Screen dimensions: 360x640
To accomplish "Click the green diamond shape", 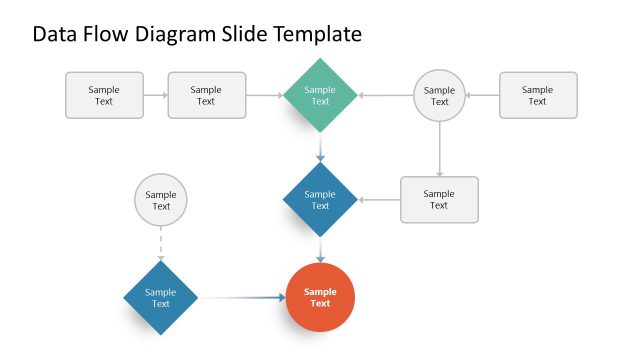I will (x=320, y=95).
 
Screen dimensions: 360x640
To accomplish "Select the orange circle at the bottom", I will (x=320, y=297).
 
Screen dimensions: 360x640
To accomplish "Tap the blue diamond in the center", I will (x=320, y=200).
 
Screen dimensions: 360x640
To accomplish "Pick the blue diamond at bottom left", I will (x=160, y=297).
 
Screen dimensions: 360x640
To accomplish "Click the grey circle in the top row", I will (x=439, y=95).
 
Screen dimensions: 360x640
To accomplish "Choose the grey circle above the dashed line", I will (x=160, y=200).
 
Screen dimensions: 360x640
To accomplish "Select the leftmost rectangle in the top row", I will (x=103, y=95).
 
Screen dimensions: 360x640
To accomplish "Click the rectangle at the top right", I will (x=537, y=95).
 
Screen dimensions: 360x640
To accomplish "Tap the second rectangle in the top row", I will (x=206, y=95).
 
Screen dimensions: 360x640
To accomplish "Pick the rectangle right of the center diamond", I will (x=439, y=200).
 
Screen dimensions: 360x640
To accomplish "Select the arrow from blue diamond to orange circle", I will (x=320, y=249).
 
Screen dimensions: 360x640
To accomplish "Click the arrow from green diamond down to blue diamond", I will (x=320, y=147).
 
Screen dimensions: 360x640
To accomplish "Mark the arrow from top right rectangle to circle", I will (x=482, y=95).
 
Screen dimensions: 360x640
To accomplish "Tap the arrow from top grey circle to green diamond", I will (x=386, y=95).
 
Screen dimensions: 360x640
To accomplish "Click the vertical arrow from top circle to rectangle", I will (x=439, y=149).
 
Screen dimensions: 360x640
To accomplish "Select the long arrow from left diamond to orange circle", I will (x=243, y=297).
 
